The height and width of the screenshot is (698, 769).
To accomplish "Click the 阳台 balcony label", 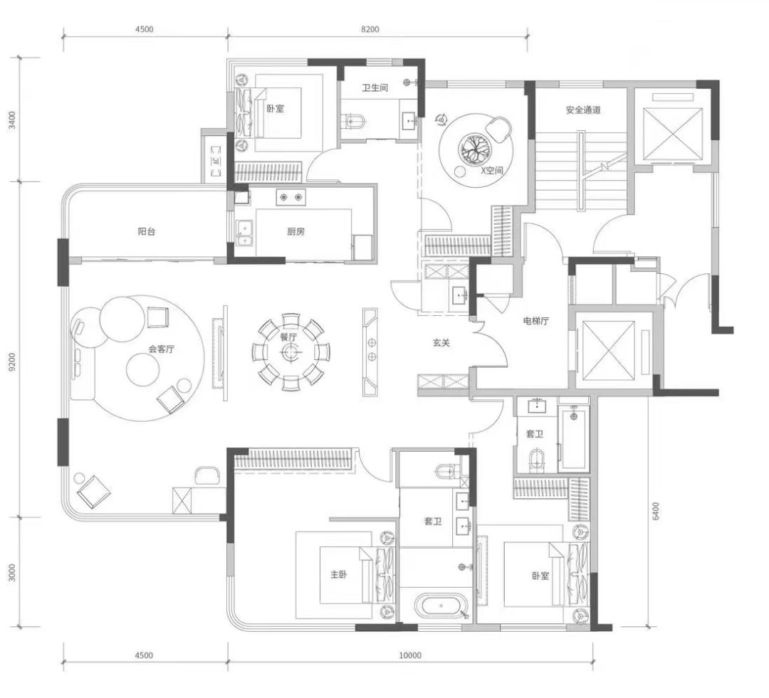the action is (146, 231).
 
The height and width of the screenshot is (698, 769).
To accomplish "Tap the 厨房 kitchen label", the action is (295, 231).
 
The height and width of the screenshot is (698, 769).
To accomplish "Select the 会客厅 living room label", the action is (162, 349).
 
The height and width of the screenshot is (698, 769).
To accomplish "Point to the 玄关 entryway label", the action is (441, 343).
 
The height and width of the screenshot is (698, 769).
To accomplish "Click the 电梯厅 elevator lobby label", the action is (535, 321).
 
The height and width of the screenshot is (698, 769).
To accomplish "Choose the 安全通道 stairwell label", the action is (583, 110).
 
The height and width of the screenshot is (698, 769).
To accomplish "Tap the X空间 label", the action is (492, 171).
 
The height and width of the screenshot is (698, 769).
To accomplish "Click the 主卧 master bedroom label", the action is (338, 574).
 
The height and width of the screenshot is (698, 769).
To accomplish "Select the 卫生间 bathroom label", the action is (375, 88).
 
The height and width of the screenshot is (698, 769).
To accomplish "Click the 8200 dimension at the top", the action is (370, 29).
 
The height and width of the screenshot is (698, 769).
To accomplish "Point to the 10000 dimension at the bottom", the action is (410, 655).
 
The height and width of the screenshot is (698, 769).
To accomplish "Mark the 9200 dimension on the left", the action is (12, 361).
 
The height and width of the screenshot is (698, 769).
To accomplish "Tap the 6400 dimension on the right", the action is (656, 512).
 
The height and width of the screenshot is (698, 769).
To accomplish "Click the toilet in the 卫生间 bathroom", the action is (354, 120).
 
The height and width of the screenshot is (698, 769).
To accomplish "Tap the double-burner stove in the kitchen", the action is (291, 197).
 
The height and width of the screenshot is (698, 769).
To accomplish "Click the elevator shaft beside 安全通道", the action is (669, 127).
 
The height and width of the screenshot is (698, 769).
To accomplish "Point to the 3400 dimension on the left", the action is (12, 120).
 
